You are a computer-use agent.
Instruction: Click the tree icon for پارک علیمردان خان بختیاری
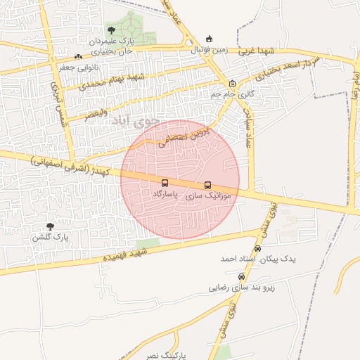coord(111,30)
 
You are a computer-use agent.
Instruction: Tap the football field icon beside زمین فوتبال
coord(208,39)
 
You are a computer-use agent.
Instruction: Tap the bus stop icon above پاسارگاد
coord(165,184)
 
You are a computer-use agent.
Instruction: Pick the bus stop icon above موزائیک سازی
coord(207,186)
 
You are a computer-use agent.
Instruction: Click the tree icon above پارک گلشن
coord(49,226)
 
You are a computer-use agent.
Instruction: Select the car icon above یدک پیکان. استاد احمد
coord(258,249)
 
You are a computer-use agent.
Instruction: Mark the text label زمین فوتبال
coord(210,51)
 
